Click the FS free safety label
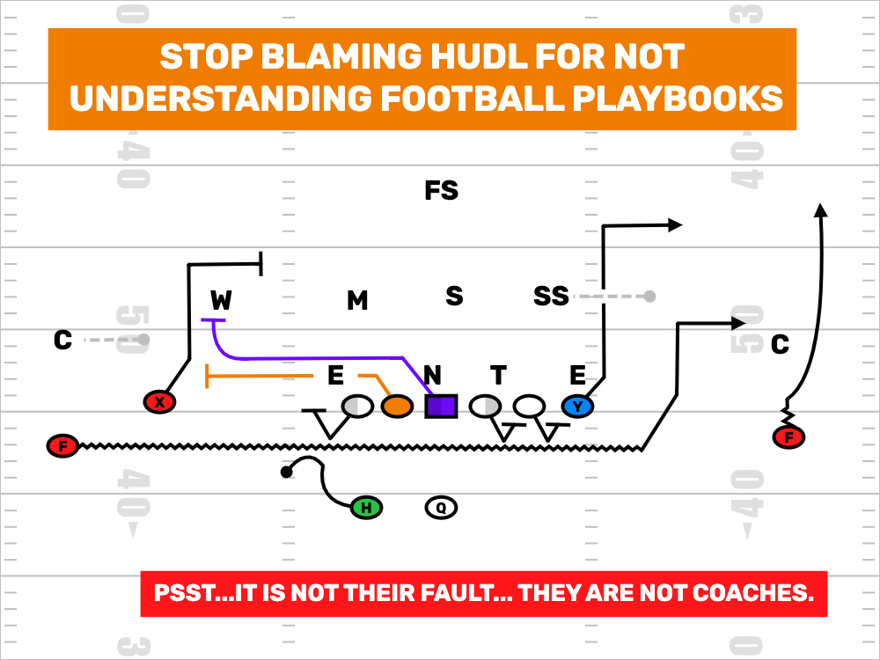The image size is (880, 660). point(441,190)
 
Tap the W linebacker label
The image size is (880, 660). point(221,301)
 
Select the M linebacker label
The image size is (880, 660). point(356,301)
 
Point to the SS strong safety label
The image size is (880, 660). point(551,297)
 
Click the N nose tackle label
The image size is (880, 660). point(432,377)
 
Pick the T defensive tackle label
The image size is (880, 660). point(498,377)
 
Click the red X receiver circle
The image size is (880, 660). point(159,402)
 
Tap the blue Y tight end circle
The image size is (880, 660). point(577,406)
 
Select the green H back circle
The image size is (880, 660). point(366,507)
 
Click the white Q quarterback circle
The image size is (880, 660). point(441,507)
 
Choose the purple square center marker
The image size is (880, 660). point(441,406)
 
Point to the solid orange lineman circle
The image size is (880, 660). point(397,406)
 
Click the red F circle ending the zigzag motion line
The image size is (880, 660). point(62,446)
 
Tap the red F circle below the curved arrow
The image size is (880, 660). point(788,436)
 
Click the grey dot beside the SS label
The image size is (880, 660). point(649,297)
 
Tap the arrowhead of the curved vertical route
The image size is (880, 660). point(820,210)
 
